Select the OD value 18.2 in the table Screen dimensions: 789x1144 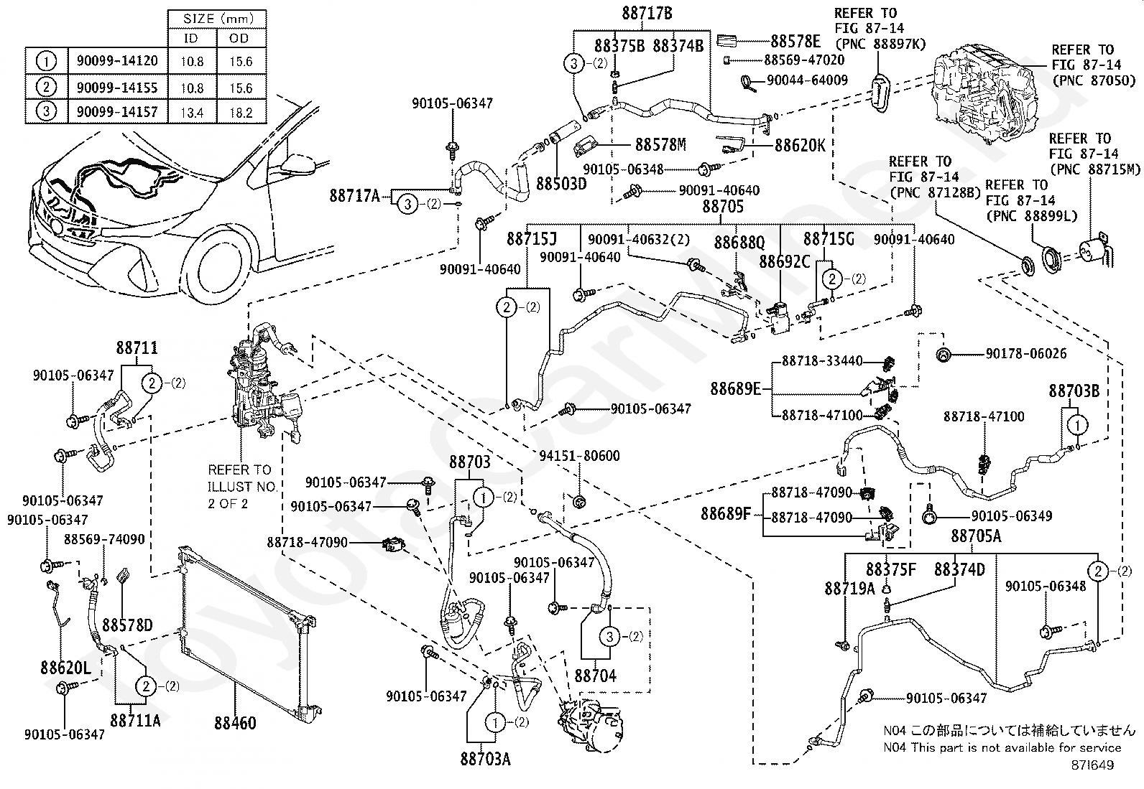(x=240, y=113)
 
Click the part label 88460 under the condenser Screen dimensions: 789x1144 (x=234, y=722)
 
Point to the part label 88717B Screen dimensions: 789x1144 (x=647, y=13)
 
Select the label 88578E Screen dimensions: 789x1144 (x=795, y=42)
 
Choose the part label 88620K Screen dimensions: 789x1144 (x=800, y=145)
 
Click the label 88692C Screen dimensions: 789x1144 (x=785, y=262)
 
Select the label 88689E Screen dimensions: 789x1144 (x=735, y=389)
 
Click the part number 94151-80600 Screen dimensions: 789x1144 (x=579, y=456)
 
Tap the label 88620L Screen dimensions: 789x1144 (x=65, y=668)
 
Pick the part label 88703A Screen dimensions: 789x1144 (x=486, y=759)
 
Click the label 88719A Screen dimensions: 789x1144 (x=849, y=589)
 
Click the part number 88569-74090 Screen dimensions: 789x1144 (x=104, y=539)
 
